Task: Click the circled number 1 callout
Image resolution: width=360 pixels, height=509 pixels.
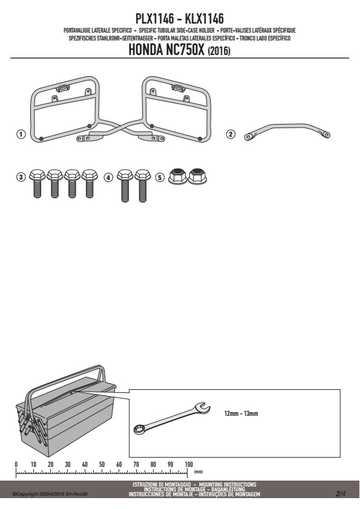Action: point(21,134)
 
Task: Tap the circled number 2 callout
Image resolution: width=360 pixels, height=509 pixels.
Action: point(231,134)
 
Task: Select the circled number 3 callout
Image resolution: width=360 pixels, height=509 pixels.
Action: point(21,177)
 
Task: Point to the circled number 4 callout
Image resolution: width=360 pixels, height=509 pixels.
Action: point(108,177)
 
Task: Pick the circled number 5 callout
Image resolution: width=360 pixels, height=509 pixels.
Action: point(160,177)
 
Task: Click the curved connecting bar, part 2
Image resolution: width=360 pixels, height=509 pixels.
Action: point(287,126)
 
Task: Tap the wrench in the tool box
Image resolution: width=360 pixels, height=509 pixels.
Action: point(172,418)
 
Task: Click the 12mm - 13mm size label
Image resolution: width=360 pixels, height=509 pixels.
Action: point(241,413)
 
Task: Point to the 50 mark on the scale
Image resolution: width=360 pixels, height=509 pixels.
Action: point(102,464)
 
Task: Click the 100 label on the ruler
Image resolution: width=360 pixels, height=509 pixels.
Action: point(188,464)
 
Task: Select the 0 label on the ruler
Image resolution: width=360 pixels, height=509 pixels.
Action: point(16,464)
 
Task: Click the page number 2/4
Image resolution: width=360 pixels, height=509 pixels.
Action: point(341,494)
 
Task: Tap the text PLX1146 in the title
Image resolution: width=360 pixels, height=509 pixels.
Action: point(155,19)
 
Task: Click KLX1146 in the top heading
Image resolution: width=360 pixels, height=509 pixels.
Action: point(204,19)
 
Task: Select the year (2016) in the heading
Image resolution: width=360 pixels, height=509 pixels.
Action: point(219,51)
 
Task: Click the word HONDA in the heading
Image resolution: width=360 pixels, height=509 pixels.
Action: point(146,50)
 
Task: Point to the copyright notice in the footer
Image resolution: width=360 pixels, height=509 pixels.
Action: point(50,494)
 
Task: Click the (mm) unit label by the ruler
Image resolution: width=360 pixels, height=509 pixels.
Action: point(198,472)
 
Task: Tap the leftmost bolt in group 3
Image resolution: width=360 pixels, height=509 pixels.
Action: point(37,183)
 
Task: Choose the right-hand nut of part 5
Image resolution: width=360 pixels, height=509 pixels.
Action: point(197,177)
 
